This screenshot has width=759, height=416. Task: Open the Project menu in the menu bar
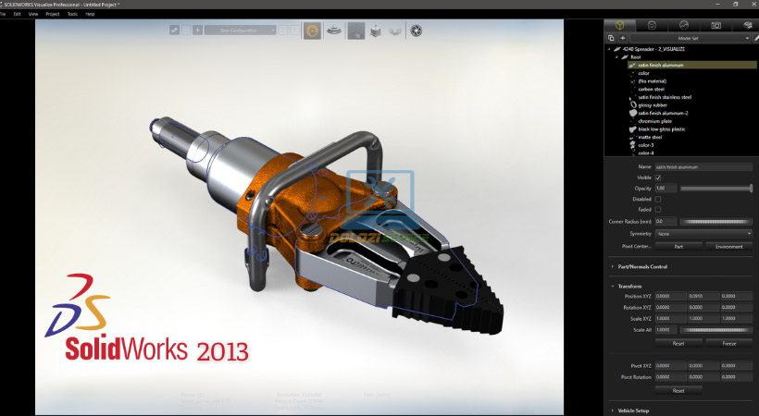point(52,15)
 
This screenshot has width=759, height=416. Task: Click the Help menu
point(90,15)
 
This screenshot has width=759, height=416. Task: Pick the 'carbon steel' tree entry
point(652,89)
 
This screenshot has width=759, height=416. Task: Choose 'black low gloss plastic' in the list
point(662,128)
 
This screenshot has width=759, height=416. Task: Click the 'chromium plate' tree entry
point(654,120)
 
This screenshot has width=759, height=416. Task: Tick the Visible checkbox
point(658,177)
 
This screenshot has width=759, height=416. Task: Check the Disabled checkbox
point(658,199)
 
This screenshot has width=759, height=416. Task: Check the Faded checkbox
point(658,210)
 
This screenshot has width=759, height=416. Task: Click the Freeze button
point(729,342)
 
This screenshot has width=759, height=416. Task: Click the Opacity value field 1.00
point(665,189)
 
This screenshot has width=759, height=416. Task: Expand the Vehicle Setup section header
point(639,410)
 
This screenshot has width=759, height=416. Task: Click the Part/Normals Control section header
point(642,267)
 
